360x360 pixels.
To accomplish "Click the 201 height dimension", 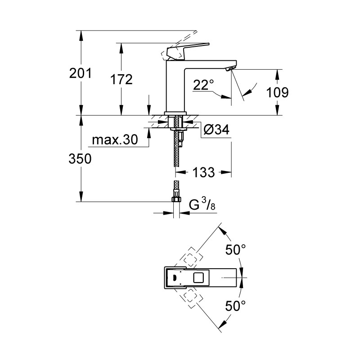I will tap(81, 73).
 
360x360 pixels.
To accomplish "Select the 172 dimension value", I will tap(121, 80).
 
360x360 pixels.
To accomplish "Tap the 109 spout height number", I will tap(278, 93).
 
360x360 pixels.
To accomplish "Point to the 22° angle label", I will tap(203, 85).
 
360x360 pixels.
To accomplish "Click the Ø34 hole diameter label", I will tap(216, 130).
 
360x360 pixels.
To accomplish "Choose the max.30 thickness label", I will tap(114, 140).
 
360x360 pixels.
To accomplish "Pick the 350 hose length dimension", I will tap(81, 159).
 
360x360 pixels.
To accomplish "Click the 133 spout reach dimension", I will tap(204, 172).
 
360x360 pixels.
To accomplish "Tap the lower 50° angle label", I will tap(236, 306).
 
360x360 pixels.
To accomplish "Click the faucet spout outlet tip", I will tap(229, 68).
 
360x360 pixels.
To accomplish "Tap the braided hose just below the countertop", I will tap(175, 144).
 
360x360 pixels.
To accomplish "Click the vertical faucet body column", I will tap(176, 88).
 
